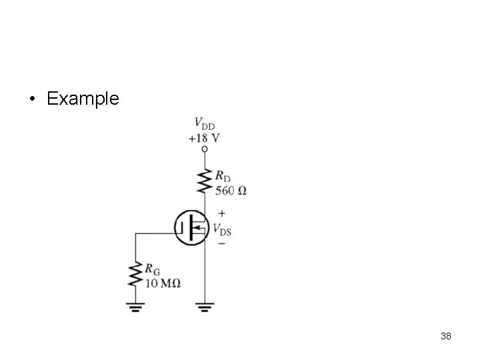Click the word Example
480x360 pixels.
click(x=83, y=99)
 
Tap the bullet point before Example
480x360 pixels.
click(x=33, y=99)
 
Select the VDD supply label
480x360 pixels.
click(x=205, y=123)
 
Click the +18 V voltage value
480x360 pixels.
click(x=204, y=139)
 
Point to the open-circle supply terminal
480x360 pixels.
click(x=205, y=149)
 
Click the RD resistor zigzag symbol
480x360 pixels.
click(x=205, y=181)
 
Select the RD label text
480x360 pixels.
click(x=223, y=176)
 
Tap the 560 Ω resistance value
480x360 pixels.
click(x=231, y=191)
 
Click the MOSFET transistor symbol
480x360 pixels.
click(x=191, y=228)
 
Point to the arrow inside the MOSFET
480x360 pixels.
click(x=199, y=228)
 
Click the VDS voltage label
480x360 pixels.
click(x=222, y=229)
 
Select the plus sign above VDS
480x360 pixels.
click(x=221, y=213)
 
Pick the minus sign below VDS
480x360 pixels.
click(x=221, y=244)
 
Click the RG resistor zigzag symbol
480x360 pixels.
click(x=135, y=274)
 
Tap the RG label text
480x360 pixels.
click(x=152, y=269)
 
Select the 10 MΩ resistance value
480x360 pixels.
click(x=163, y=283)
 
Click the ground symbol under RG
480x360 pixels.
click(x=135, y=307)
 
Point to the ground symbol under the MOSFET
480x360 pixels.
click(x=205, y=307)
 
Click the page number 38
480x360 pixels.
click(x=446, y=336)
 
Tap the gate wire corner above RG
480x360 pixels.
click(x=135, y=233)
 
